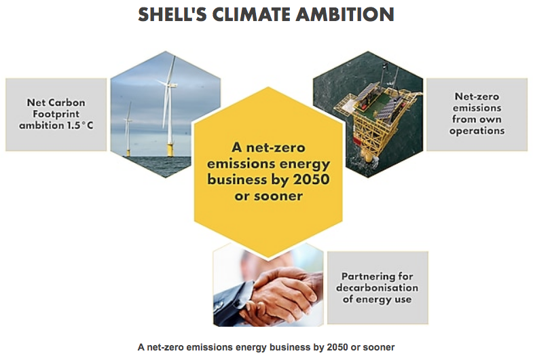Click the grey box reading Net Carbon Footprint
[56, 114]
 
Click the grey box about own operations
[477, 114]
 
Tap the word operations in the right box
[477, 130]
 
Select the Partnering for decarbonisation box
[378, 287]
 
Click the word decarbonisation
[378, 287]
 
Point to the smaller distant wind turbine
[128, 129]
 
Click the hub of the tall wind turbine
[168, 82]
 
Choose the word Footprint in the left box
[56, 113]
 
